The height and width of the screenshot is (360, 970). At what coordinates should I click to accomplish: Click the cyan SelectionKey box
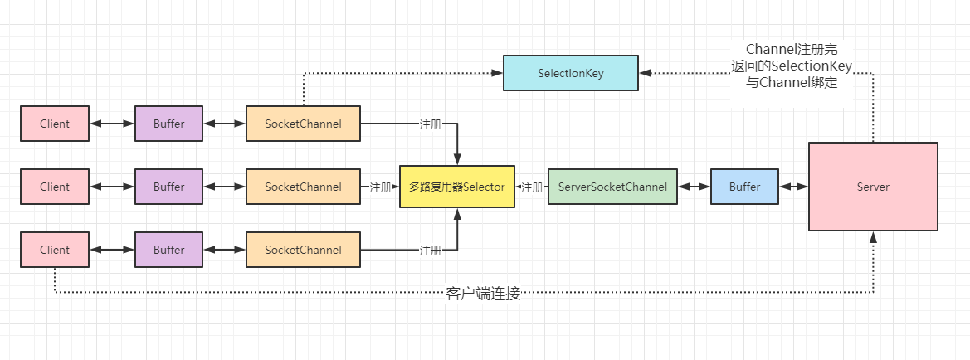click(570, 73)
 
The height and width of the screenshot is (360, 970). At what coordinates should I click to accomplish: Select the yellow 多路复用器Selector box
click(456, 187)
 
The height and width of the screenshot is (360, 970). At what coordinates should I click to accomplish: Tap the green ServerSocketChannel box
click(612, 187)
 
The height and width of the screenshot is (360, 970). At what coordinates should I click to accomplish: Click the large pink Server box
click(873, 187)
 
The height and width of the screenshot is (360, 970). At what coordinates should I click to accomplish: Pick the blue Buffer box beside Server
click(744, 187)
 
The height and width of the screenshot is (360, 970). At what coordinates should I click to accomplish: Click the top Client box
click(55, 124)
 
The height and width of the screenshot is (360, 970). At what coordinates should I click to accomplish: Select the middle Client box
click(55, 187)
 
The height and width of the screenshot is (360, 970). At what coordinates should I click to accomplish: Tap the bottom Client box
click(55, 250)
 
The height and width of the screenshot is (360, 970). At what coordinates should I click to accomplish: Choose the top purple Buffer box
click(168, 124)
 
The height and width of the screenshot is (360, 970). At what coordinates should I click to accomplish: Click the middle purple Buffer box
click(168, 187)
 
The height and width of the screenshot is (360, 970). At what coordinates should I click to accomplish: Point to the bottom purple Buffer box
click(168, 250)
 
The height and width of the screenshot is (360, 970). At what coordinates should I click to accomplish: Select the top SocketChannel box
click(303, 124)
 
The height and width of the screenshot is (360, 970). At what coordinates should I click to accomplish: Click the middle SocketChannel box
click(303, 187)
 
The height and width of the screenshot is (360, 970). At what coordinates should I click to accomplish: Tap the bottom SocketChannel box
click(303, 250)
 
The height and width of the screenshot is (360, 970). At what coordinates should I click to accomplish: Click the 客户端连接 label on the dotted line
click(483, 294)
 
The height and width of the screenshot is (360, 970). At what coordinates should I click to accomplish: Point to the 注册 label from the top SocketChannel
click(431, 124)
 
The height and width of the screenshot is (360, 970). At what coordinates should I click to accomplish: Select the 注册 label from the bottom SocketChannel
click(431, 251)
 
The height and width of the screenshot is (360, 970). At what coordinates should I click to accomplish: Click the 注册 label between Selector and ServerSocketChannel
click(532, 187)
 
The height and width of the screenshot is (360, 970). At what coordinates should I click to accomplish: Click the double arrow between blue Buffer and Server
click(794, 187)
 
